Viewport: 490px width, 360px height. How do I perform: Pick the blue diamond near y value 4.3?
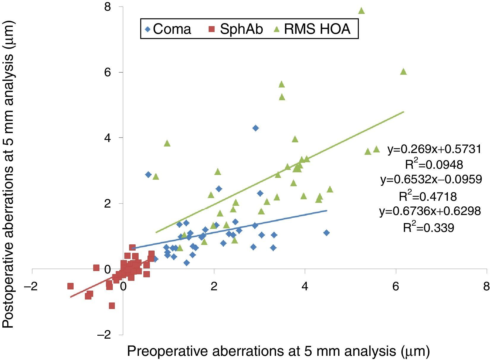point(256,128)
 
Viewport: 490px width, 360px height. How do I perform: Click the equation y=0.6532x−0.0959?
point(431,179)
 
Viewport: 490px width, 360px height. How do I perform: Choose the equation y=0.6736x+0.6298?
point(430,211)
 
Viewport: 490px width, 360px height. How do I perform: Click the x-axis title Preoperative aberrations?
point(278,351)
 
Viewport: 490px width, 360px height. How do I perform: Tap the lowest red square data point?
point(112,306)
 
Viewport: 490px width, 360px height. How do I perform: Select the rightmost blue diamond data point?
point(326,233)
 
